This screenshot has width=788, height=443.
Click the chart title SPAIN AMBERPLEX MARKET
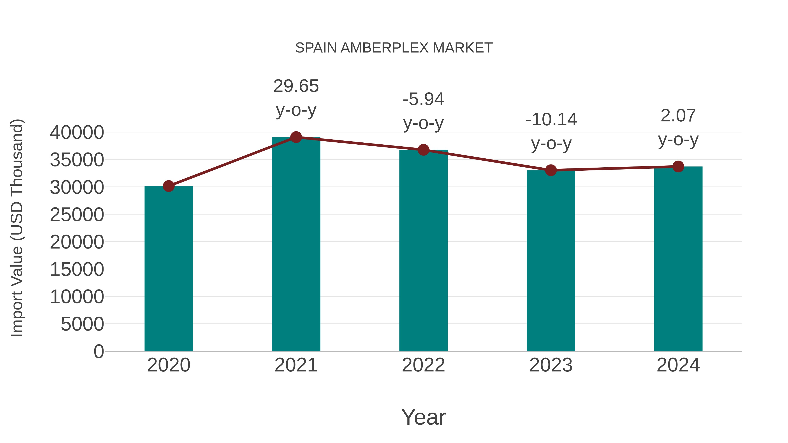pyautogui.click(x=394, y=48)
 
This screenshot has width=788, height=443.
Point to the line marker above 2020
pyautogui.click(x=169, y=186)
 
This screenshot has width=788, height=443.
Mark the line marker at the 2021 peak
pyautogui.click(x=296, y=137)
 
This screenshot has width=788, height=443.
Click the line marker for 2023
pyautogui.click(x=551, y=170)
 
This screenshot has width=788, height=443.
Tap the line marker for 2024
pyautogui.click(x=678, y=167)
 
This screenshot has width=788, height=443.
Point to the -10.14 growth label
pyautogui.click(x=551, y=131)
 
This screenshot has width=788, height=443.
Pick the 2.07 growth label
pyautogui.click(x=678, y=128)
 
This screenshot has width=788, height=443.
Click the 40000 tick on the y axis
pyautogui.click(x=77, y=133)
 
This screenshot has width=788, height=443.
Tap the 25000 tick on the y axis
pyautogui.click(x=77, y=215)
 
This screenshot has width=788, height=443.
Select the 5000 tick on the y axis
pyautogui.click(x=82, y=324)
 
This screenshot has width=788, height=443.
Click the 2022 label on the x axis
pyautogui.click(x=423, y=365)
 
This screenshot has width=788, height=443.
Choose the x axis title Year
pyautogui.click(x=423, y=417)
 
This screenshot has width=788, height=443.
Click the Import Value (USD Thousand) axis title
pyautogui.click(x=17, y=228)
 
